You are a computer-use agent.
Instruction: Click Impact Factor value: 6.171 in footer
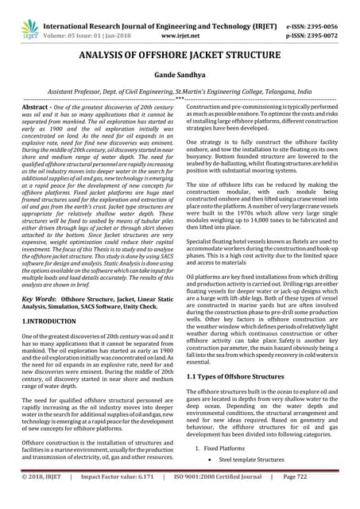pos(117,497)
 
